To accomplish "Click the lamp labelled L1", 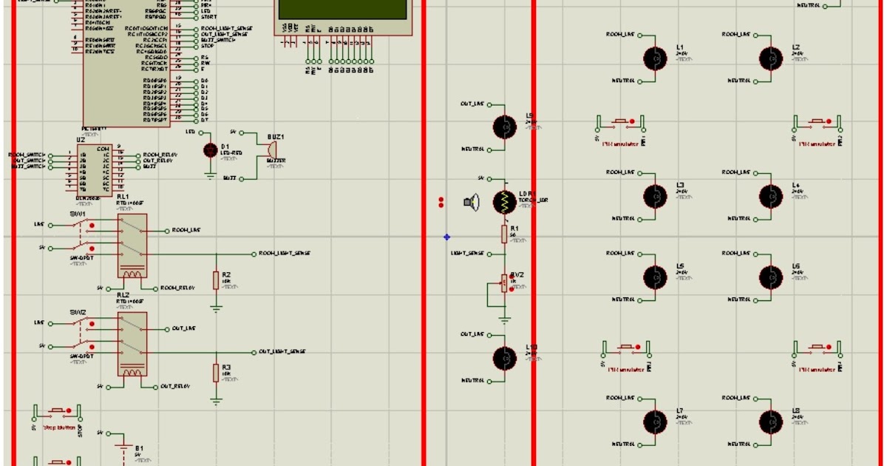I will point(654,58).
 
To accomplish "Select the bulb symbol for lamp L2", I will point(770,58).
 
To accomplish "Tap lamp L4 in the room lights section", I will point(770,196).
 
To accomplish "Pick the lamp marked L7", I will point(654,422).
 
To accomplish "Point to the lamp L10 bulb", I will point(505,358).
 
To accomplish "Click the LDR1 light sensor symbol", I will point(505,201).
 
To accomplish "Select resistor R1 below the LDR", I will point(505,234).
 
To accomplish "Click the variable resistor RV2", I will point(505,283).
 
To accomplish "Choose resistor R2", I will point(216,280).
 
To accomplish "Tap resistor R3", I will point(216,373).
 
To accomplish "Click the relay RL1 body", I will point(132,246).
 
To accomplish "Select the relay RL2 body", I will point(132,344).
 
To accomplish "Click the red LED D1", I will point(210,150).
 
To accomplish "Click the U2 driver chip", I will point(95,169).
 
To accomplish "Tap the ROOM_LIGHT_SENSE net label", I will point(285,253).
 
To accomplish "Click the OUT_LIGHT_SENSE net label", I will point(282,351).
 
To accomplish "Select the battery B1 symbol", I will point(123,446).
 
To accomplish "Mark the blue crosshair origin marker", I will point(446,237).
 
